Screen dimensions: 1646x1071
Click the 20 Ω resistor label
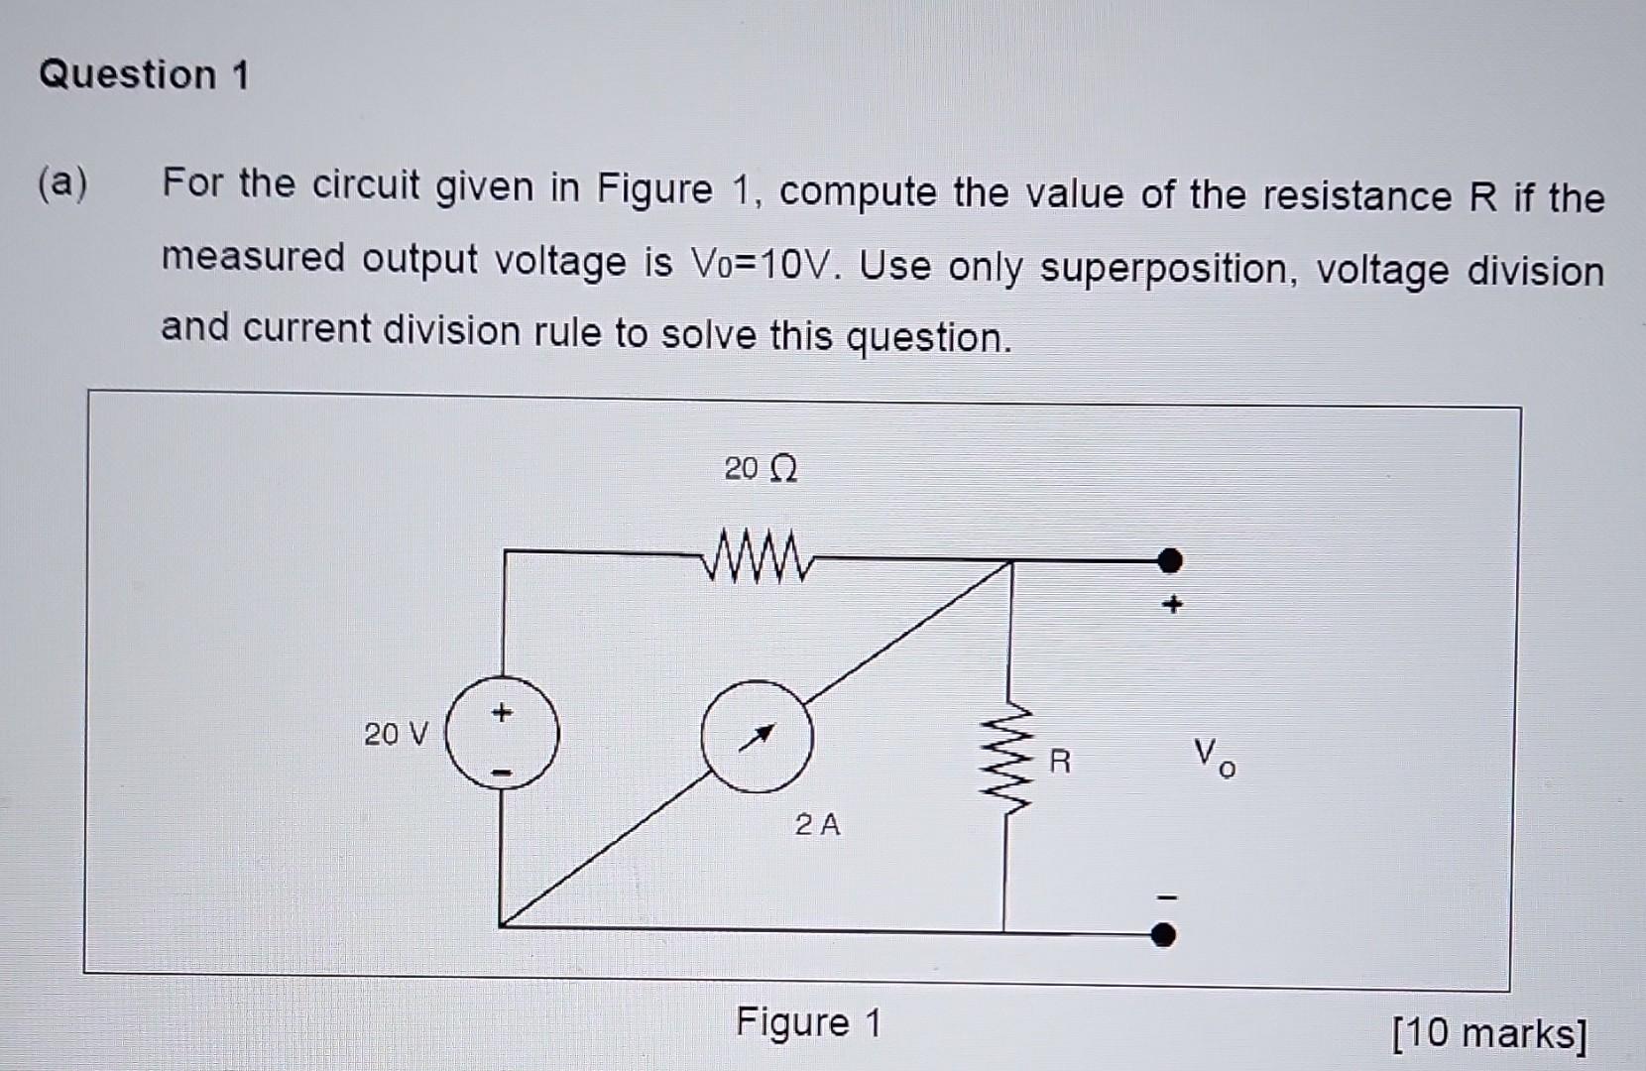click(x=760, y=468)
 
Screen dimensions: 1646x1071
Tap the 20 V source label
click(x=396, y=735)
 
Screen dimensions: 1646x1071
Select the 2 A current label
click(x=817, y=824)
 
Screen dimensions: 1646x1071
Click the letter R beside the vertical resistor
click(x=1059, y=762)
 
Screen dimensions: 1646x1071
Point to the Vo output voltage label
click(x=1214, y=759)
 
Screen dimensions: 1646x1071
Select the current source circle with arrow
click(x=758, y=736)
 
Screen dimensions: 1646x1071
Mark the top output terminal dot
click(x=1170, y=561)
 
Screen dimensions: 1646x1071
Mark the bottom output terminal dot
click(x=1164, y=934)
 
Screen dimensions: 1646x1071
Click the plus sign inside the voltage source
click(x=503, y=712)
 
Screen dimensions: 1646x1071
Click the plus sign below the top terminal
click(x=1173, y=604)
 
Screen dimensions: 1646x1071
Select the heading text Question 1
click(x=145, y=75)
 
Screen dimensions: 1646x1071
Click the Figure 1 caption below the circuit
click(x=808, y=1022)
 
